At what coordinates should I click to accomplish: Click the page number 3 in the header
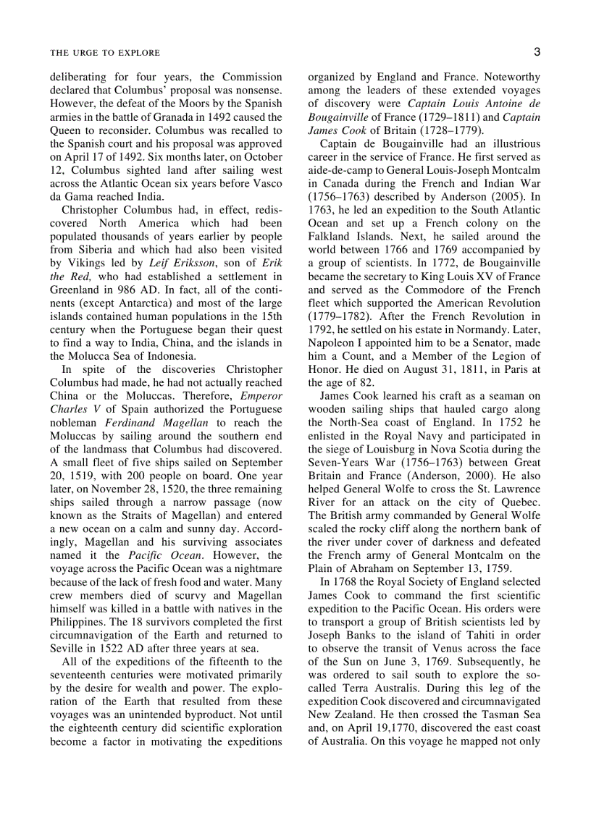[x=537, y=51]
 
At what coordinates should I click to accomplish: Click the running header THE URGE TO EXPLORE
[x=105, y=53]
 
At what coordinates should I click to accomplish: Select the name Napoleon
[x=332, y=342]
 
